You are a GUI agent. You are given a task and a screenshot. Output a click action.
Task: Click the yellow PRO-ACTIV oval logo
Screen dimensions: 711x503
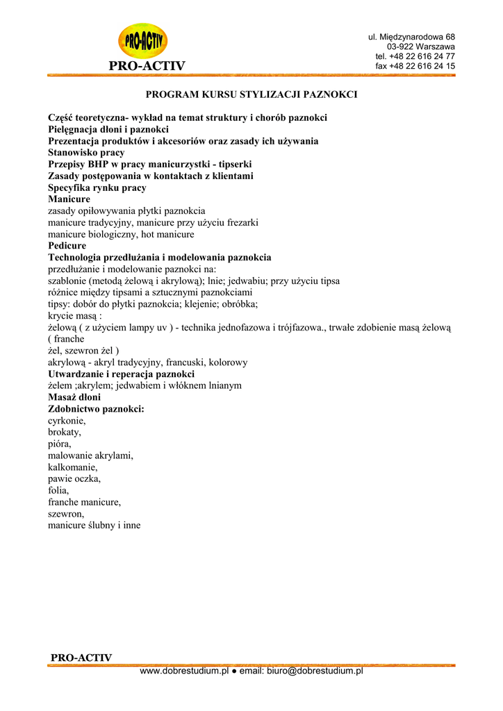click(142, 41)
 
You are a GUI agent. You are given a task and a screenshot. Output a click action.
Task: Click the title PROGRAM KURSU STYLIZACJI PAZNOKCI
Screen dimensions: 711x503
click(251, 94)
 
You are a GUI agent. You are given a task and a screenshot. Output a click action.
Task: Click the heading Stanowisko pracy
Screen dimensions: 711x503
click(86, 152)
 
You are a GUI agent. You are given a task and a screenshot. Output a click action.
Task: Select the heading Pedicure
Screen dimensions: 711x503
click(67, 246)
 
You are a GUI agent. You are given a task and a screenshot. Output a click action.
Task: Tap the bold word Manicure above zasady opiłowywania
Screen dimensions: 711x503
click(69, 199)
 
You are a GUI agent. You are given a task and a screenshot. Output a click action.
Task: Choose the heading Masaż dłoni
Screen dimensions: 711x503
click(74, 397)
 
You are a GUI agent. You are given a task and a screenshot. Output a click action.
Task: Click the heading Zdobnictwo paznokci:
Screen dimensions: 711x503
click(96, 409)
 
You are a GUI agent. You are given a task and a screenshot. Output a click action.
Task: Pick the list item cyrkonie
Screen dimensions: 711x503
click(67, 421)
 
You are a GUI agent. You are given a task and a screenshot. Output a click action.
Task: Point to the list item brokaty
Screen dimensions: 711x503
click(65, 432)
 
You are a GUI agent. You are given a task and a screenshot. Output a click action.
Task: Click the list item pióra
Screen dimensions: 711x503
click(59, 444)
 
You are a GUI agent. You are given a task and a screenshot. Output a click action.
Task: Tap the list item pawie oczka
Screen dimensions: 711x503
click(74, 479)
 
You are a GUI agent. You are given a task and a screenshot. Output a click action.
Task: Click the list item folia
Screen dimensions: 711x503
click(58, 490)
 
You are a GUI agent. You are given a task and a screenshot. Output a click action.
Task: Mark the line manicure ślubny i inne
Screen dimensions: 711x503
click(94, 526)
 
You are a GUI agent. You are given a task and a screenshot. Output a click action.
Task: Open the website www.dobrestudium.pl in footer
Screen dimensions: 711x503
click(184, 671)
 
